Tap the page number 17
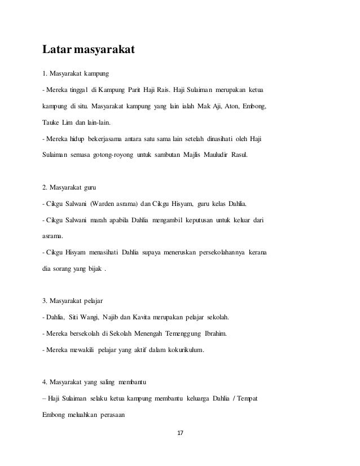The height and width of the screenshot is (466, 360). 181,433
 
